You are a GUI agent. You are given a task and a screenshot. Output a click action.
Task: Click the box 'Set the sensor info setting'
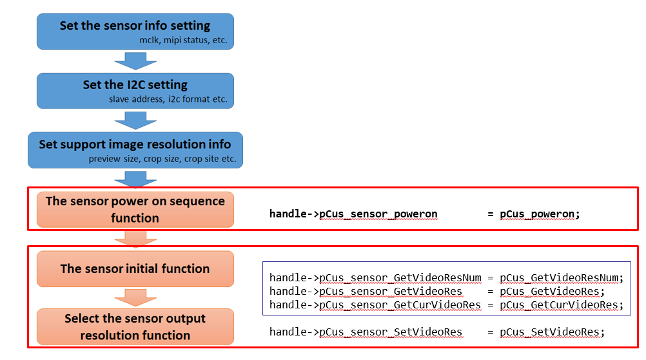(x=135, y=32)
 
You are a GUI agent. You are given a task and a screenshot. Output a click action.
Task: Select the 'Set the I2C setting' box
(x=135, y=91)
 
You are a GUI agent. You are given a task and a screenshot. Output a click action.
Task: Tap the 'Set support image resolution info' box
(x=135, y=150)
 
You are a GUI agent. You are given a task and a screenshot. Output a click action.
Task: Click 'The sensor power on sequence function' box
(x=135, y=210)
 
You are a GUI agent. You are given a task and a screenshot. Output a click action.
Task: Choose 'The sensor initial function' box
(x=135, y=269)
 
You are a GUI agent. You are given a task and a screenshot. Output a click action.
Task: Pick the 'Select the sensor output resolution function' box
(x=135, y=326)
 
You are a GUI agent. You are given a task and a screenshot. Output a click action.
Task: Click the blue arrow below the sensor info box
(x=135, y=61)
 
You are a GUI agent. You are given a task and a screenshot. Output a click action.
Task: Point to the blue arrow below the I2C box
(x=135, y=121)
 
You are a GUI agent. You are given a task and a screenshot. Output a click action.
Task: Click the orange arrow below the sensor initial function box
(x=135, y=297)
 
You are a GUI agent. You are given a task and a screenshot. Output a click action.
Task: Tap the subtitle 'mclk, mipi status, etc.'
(x=183, y=40)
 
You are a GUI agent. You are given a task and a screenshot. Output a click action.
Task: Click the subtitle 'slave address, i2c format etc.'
(x=168, y=99)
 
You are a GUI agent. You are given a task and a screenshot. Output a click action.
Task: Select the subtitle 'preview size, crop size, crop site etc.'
(x=162, y=159)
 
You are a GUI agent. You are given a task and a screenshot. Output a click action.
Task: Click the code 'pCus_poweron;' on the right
(x=540, y=214)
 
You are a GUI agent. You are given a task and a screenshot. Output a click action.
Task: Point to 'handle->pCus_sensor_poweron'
(x=353, y=214)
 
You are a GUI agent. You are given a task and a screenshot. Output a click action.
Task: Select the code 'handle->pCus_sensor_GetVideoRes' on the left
(x=366, y=292)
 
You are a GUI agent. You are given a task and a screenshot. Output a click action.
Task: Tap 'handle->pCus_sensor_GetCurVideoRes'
(x=375, y=305)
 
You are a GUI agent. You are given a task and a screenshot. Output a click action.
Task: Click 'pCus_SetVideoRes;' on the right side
(x=552, y=332)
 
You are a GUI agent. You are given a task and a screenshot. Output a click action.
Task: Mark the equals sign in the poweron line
(x=490, y=214)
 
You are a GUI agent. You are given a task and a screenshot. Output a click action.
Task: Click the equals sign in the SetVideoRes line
(x=490, y=332)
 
